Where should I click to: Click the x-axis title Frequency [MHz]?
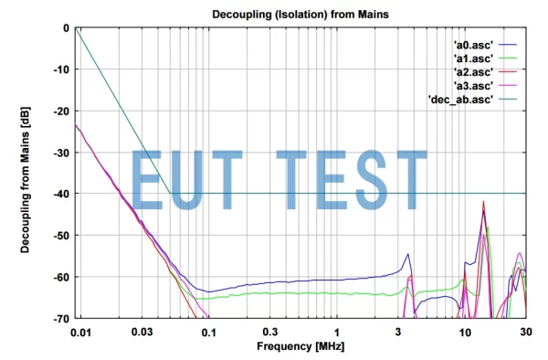[x=300, y=347]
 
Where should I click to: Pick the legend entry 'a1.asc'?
[x=472, y=58]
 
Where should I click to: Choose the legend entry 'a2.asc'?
[x=472, y=71]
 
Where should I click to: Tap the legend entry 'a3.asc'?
[x=472, y=85]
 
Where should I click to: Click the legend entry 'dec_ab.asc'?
[x=462, y=99]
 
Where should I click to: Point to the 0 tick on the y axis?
[x=65, y=28]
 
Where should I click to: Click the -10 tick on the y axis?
[x=61, y=69]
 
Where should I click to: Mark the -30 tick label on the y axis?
[x=61, y=153]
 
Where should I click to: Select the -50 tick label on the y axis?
[x=61, y=236]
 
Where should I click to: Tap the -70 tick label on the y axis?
[x=61, y=318]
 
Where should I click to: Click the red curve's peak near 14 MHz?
[x=484, y=202]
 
